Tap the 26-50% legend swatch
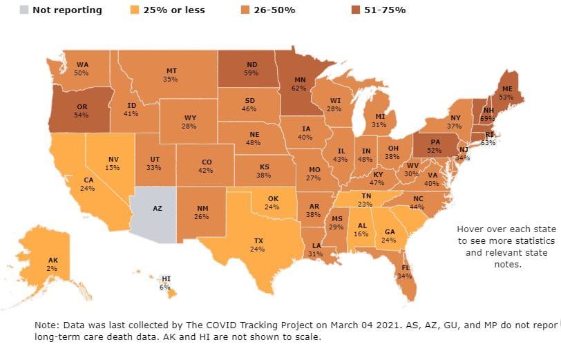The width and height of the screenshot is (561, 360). (x=245, y=10)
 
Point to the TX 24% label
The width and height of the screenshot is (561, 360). (x=257, y=245)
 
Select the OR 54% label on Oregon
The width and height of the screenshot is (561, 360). (x=81, y=110)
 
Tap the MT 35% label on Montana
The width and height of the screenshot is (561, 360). (x=171, y=75)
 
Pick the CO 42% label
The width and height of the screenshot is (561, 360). (x=207, y=166)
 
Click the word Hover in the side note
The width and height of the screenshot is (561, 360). (x=471, y=229)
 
